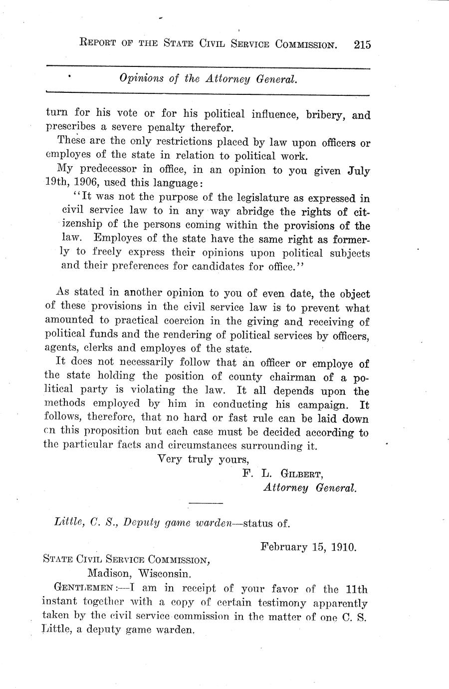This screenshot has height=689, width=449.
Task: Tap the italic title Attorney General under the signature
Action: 310,487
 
